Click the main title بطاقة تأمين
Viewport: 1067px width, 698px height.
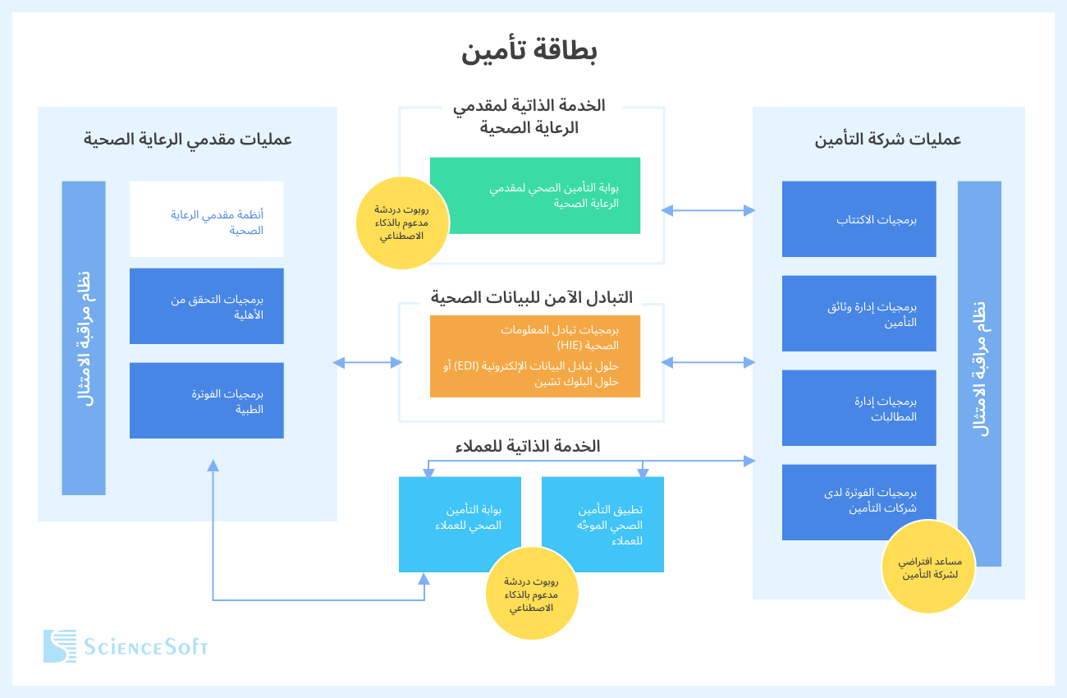[529, 51]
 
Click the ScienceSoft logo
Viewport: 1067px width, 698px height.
[126, 646]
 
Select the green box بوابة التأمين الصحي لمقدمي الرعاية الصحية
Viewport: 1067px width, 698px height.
[535, 195]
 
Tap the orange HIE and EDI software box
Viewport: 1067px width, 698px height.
[535, 356]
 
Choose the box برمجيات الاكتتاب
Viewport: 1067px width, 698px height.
[859, 219]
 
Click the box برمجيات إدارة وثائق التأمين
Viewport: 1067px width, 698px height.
[859, 314]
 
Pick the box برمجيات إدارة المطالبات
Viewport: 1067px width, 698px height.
[859, 408]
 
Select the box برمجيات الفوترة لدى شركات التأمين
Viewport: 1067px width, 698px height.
[859, 502]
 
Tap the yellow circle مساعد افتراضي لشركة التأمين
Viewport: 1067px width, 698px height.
[927, 567]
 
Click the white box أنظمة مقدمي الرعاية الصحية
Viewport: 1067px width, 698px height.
[207, 219]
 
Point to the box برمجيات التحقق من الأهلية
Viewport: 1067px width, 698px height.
[207, 305]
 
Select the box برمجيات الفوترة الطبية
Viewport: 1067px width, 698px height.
[207, 400]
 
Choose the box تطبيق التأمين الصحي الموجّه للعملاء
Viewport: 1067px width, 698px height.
[602, 524]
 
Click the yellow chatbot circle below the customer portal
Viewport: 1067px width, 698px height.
[531, 593]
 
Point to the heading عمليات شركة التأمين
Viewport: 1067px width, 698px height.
[887, 140]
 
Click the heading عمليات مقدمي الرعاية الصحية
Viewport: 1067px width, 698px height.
[188, 140]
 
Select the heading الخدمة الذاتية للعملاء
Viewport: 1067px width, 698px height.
[528, 447]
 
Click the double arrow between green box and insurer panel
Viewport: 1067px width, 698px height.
[708, 211]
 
